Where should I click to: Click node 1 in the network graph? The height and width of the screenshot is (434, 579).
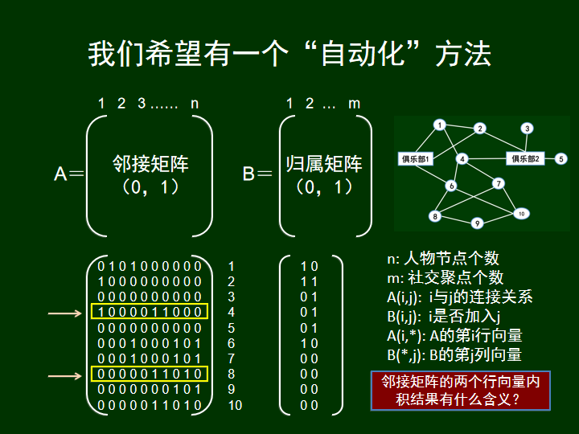(x=439, y=125)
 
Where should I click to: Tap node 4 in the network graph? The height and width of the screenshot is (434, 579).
(x=462, y=158)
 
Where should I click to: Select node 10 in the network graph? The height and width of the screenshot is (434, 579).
(x=521, y=213)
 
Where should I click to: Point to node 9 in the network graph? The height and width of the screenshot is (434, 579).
(x=477, y=223)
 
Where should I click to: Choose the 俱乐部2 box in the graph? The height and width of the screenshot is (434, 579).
(x=527, y=158)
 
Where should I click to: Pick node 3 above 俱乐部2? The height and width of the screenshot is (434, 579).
(x=528, y=128)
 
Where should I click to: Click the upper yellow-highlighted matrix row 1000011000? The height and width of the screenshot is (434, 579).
(x=150, y=312)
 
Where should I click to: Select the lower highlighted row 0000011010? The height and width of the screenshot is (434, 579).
(x=150, y=375)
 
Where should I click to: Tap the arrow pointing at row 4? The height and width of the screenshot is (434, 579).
(x=65, y=313)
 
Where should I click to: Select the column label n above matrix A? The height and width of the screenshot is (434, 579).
(x=195, y=104)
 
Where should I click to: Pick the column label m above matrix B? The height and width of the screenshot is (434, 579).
(x=354, y=104)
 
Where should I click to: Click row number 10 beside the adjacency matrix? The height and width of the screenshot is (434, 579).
(x=234, y=406)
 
